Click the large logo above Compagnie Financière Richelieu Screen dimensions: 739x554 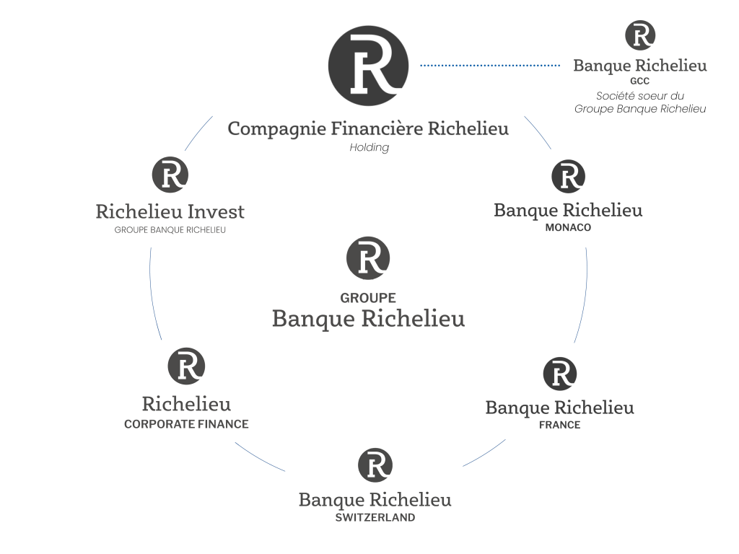point(368,66)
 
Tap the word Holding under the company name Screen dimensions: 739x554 point(369,147)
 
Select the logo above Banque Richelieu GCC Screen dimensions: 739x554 point(640,35)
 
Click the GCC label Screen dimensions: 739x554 point(639,81)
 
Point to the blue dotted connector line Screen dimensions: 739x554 point(490,66)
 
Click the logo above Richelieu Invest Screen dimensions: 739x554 point(170,175)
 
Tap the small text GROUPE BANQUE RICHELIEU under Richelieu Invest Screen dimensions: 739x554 point(170,230)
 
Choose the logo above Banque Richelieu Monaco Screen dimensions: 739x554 point(568,176)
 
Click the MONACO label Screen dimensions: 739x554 point(568,227)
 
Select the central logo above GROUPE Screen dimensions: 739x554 point(368,258)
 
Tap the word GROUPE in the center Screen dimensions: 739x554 point(368,298)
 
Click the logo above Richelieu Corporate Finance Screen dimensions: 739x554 point(186,366)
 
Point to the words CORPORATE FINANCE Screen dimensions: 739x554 point(186,424)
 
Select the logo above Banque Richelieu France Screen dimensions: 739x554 point(560,374)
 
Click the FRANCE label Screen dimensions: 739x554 point(559,425)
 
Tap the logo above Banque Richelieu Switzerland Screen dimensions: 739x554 point(375,465)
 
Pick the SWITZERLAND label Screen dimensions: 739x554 point(375,517)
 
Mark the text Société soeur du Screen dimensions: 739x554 point(640,96)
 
